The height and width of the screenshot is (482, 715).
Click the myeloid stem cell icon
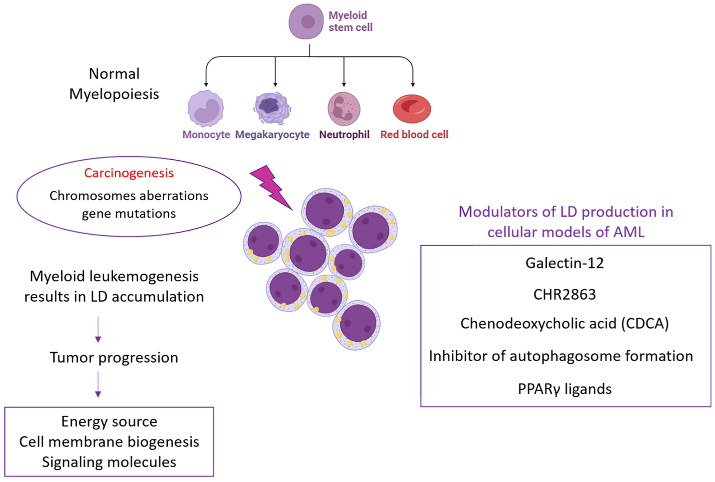click(x=306, y=22)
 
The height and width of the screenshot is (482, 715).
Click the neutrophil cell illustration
click(x=344, y=109)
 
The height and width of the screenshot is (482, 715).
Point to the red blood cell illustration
click(x=412, y=109)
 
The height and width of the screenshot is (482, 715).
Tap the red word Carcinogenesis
click(x=129, y=173)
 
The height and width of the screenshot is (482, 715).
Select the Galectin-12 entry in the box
click(x=564, y=263)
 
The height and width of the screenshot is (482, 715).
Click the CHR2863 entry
click(x=564, y=294)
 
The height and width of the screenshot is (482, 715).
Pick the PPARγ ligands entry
click(x=564, y=389)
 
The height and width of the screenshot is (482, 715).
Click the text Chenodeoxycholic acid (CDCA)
click(x=564, y=324)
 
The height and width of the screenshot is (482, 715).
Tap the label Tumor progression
click(x=114, y=357)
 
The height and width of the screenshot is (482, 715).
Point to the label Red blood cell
click(x=414, y=135)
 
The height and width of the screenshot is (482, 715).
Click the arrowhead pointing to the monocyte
click(x=206, y=84)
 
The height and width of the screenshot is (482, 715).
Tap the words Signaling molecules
click(x=109, y=462)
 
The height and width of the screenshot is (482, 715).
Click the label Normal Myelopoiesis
click(x=114, y=84)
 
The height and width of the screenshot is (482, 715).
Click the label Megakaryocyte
click(x=272, y=135)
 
